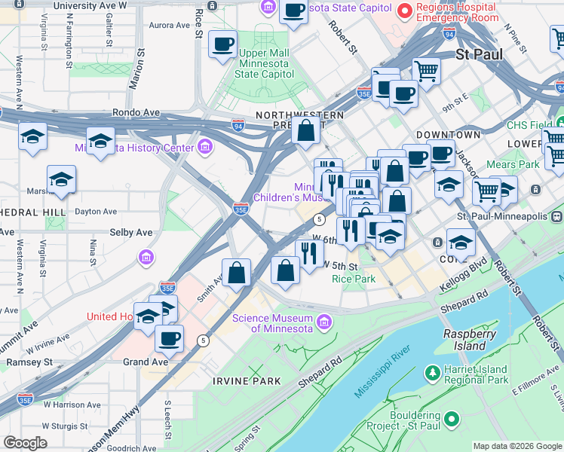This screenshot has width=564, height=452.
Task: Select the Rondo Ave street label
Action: click(x=136, y=112)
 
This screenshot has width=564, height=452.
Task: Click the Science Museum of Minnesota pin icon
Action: click(x=325, y=322)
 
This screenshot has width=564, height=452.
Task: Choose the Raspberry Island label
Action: click(x=464, y=340)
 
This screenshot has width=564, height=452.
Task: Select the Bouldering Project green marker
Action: click(x=452, y=418)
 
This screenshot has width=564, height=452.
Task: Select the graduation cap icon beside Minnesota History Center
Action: click(x=100, y=139)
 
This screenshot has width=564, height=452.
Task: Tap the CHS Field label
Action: click(x=529, y=125)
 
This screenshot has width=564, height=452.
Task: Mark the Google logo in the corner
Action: click(x=26, y=443)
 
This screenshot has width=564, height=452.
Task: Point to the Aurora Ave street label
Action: click(x=170, y=25)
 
